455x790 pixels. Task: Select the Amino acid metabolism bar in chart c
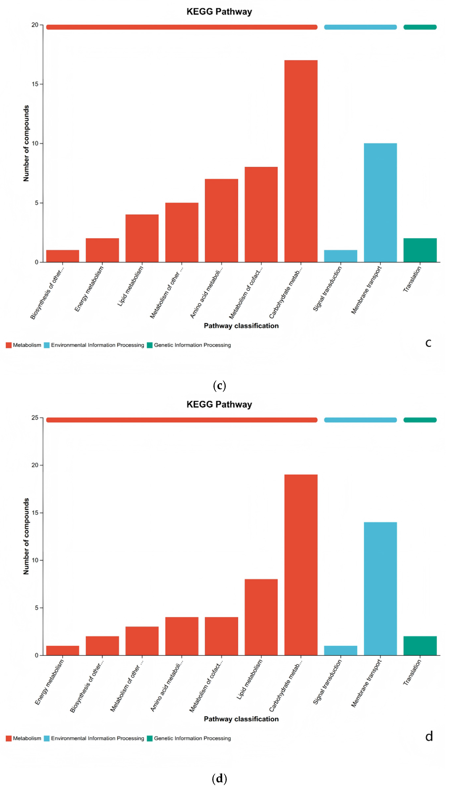click(221, 220)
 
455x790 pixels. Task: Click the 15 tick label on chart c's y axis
click(35, 84)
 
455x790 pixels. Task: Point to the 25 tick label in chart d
click(35, 418)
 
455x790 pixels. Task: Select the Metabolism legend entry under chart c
click(24, 345)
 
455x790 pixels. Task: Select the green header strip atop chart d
click(420, 420)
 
